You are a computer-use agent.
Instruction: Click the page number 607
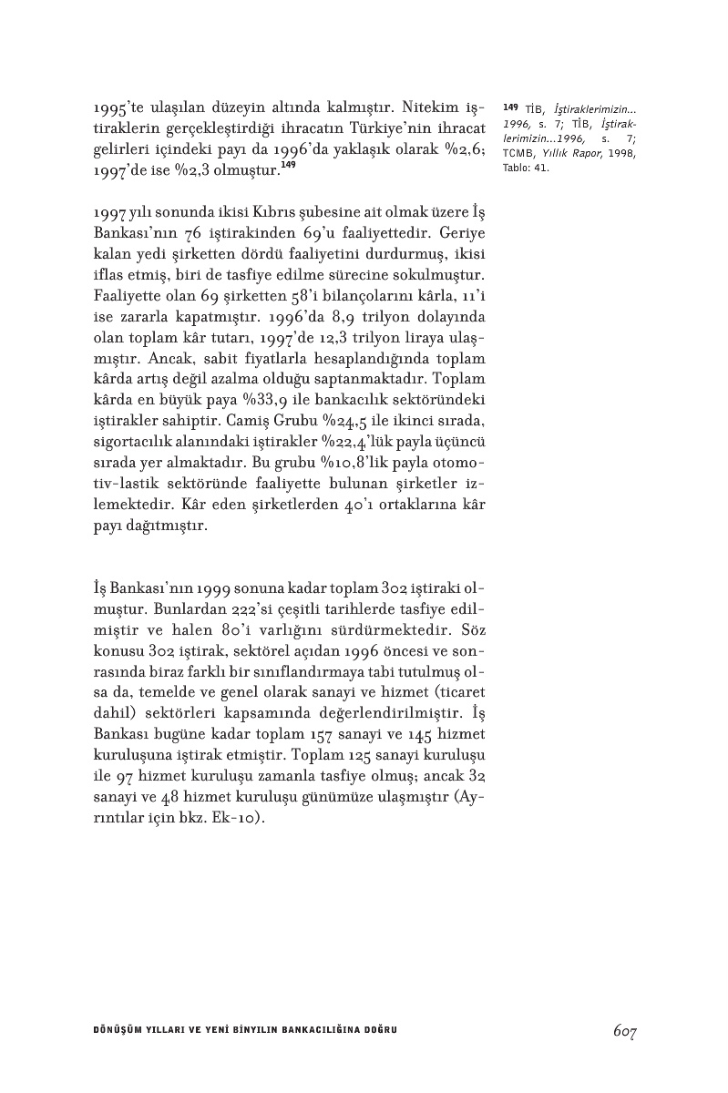[624, 1031]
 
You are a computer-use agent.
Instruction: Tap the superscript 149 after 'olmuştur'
[289, 164]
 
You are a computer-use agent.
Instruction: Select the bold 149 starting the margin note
[509, 108]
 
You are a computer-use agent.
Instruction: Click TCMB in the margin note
[519, 153]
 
